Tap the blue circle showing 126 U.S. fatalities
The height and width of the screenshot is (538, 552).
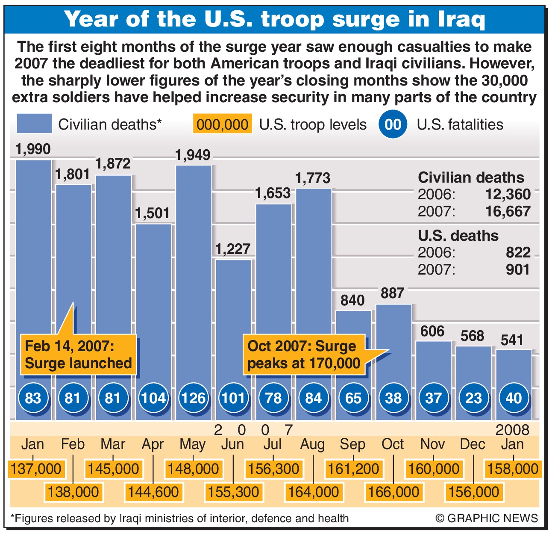(194, 398)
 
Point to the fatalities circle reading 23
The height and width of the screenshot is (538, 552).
(473, 398)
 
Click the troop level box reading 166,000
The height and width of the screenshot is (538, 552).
(393, 492)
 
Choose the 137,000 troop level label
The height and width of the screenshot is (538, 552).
(36, 469)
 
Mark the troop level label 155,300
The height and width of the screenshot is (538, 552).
(233, 492)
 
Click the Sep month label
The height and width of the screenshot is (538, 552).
(352, 444)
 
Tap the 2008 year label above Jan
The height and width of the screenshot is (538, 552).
(513, 430)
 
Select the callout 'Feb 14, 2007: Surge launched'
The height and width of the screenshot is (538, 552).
(78, 355)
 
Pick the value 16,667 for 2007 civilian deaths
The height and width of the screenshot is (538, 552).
(508, 212)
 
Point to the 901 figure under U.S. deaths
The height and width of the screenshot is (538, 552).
(517, 270)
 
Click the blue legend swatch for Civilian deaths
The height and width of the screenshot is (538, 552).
(34, 124)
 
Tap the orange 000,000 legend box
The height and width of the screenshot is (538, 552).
(222, 124)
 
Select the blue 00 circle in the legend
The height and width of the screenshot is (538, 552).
(393, 124)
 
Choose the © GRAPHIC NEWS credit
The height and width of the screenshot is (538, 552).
(487, 518)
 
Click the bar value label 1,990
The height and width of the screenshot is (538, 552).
(33, 149)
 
